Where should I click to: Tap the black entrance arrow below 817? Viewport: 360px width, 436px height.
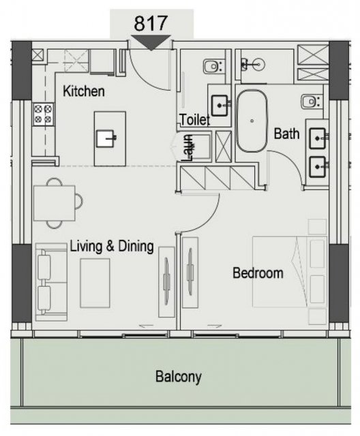(x=151, y=42)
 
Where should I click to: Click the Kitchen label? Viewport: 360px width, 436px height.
(x=84, y=91)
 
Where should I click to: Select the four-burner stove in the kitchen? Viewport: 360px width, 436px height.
(x=43, y=114)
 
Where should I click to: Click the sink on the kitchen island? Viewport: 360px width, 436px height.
(x=106, y=138)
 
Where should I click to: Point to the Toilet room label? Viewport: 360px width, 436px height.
(x=195, y=120)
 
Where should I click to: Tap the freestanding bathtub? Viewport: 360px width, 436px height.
(x=252, y=121)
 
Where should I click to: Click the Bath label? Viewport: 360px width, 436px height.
(x=286, y=134)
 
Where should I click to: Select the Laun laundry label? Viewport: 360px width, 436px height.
(x=187, y=149)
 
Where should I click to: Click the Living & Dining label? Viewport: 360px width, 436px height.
(x=112, y=247)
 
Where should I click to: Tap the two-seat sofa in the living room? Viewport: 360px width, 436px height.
(x=51, y=282)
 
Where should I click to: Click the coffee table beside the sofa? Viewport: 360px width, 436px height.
(x=95, y=283)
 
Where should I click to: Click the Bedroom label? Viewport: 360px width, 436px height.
(x=258, y=273)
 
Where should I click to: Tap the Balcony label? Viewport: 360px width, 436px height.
(x=179, y=377)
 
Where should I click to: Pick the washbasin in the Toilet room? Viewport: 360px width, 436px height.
(x=220, y=106)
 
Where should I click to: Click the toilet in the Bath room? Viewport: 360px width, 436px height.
(x=312, y=102)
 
